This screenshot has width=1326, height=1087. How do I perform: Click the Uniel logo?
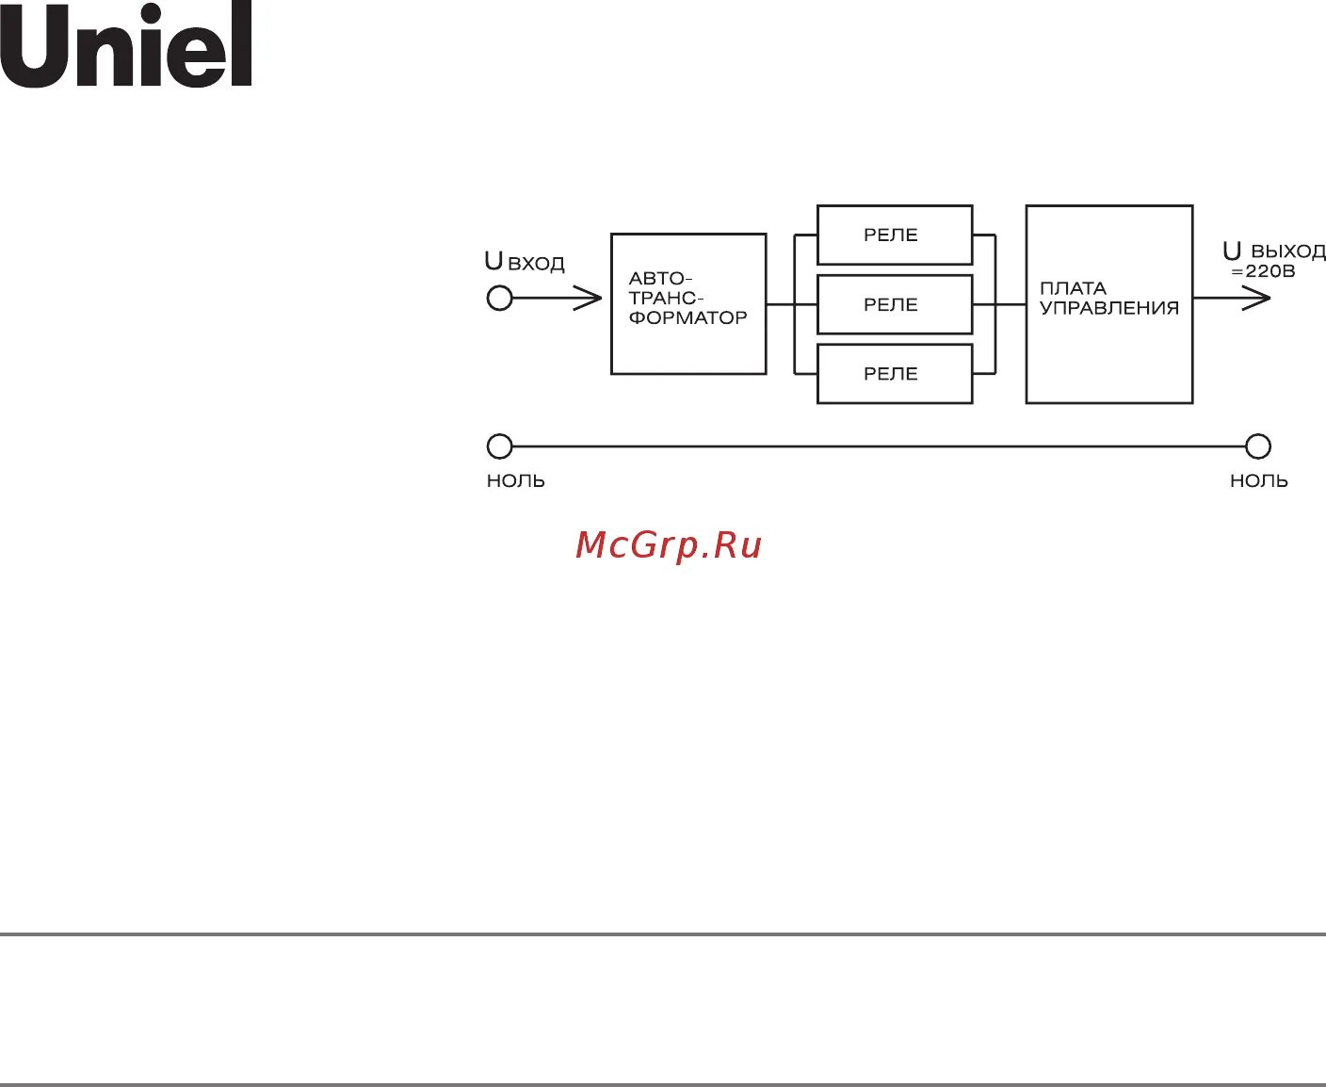pos(126,45)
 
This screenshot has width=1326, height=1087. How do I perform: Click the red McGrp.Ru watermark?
pos(668,545)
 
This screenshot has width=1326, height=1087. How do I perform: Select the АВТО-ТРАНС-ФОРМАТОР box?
pos(688,303)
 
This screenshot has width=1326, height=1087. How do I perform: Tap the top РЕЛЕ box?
pos(894,235)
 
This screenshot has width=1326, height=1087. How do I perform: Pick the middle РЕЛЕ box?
pos(894,304)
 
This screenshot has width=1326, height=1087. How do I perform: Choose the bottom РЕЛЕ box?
pos(894,374)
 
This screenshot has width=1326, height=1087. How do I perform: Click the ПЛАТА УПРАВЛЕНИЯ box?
pos(1108,304)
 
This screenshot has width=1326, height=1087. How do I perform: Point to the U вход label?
pos(525,262)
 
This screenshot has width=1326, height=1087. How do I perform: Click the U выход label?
pos(1273,251)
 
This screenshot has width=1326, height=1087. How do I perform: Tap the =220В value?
pos(1263,271)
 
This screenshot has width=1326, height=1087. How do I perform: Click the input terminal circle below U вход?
pos(499,299)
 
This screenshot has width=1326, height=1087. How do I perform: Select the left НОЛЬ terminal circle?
pos(499,446)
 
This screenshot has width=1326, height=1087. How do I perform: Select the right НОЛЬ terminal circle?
pos(1258,446)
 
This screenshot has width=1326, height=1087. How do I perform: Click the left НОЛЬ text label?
pos(516,480)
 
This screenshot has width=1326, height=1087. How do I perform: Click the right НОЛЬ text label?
pos(1259,480)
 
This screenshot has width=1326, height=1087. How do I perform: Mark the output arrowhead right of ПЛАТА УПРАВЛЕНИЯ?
pos(1258,299)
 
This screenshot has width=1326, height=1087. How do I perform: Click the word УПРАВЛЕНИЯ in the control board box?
pos(1109,308)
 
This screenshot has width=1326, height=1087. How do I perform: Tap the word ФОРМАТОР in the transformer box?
pos(687,317)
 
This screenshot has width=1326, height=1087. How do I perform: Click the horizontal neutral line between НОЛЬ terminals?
pos(876,446)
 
